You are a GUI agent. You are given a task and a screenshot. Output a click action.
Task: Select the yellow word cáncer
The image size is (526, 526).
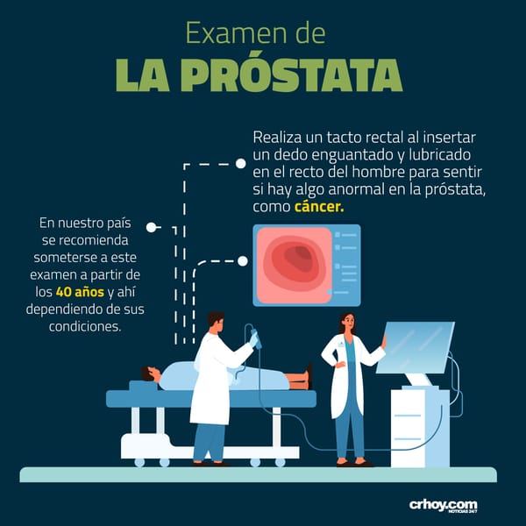coord(319,207)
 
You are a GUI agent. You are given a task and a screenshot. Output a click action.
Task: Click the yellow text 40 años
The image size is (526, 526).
coord(80,292)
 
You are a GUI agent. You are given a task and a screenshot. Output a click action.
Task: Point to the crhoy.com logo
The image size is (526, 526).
coord(443,506)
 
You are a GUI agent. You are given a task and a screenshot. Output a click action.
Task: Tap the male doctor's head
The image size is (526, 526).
coord(216,322)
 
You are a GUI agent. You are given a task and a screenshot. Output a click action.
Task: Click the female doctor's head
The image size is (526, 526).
coord(347,322)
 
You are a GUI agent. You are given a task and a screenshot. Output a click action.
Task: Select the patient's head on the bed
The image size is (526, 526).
coord(150,374)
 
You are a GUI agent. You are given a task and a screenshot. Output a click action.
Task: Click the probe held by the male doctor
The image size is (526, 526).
coord(255,338)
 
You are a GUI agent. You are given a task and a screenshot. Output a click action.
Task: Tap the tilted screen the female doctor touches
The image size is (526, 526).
coord(416,347)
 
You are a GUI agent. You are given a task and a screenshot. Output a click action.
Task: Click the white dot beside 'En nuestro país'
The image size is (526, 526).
coord(152,227)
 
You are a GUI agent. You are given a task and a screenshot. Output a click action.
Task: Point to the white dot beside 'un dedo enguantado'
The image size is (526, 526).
coord(240,164)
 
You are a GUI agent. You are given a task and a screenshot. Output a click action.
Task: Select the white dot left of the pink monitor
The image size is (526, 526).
coord(243,261)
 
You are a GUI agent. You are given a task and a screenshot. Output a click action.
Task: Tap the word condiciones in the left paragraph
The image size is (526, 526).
coord(85,326)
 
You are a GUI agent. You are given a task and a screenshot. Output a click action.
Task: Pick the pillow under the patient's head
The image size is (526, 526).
coord(143,385)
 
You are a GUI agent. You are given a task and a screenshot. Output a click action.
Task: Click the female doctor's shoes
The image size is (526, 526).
coord(354,463)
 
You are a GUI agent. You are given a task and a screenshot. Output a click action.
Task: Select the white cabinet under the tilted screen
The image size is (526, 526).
coord(420,427)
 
